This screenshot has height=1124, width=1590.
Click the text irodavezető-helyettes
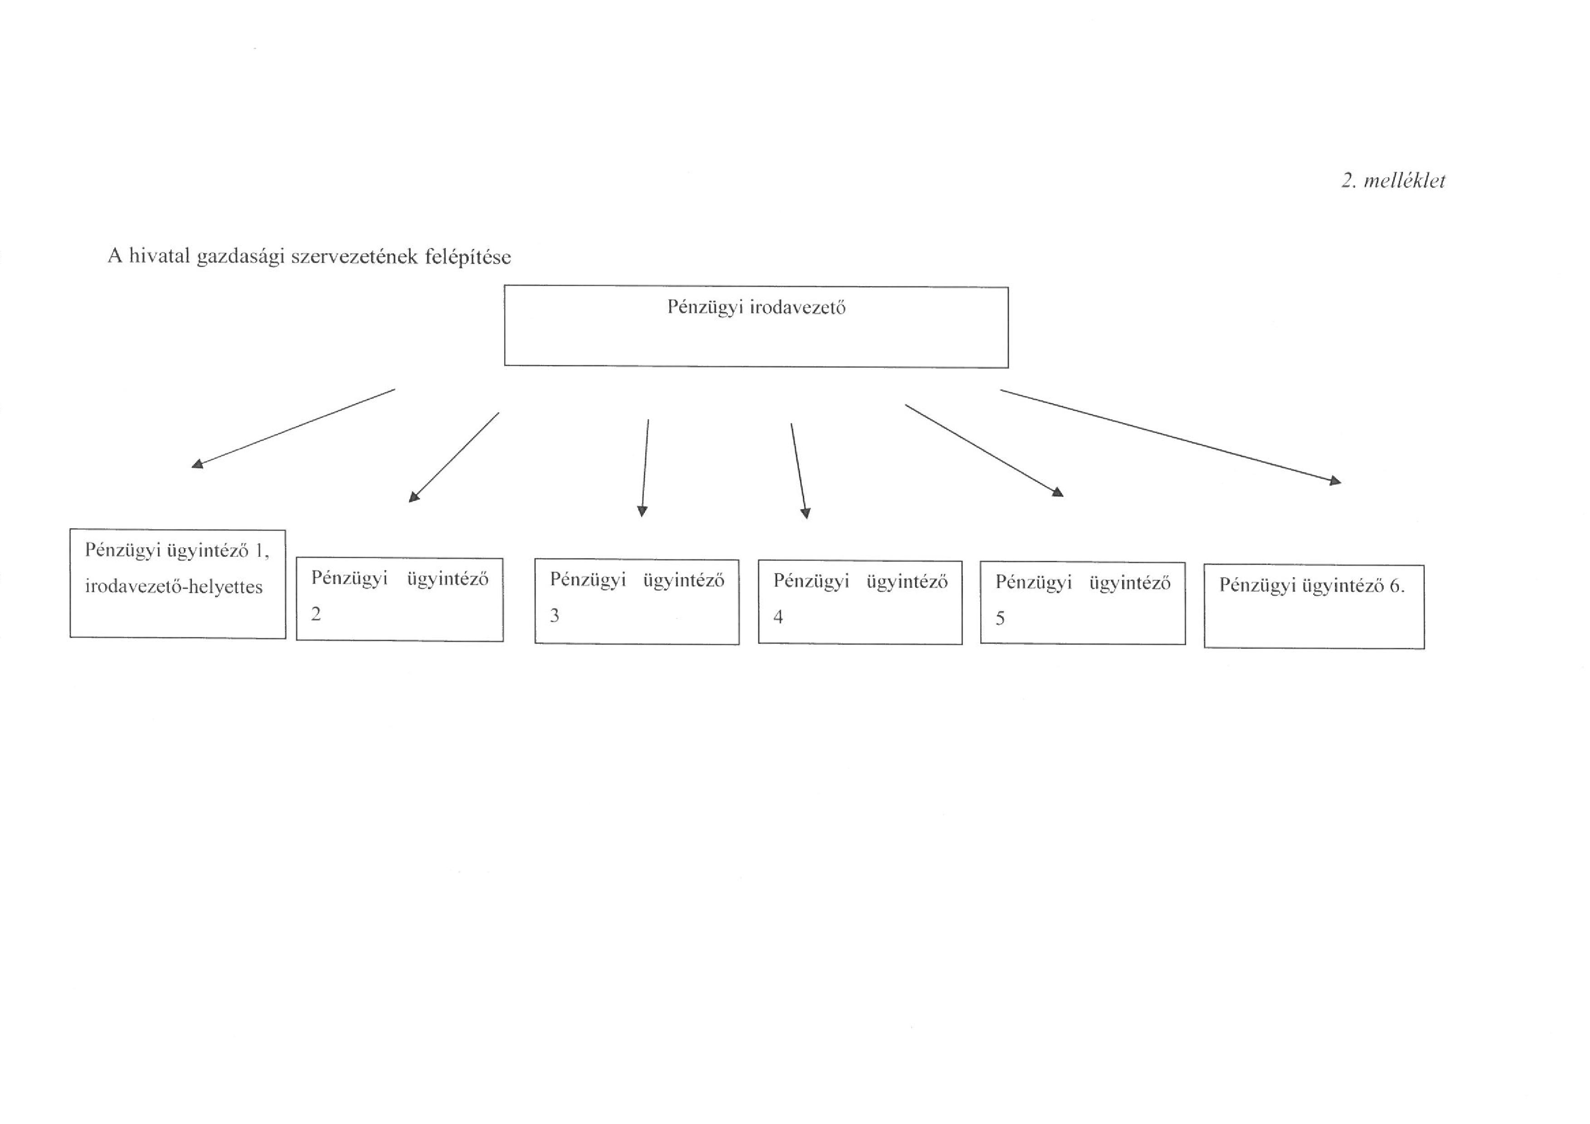pyautogui.click(x=174, y=587)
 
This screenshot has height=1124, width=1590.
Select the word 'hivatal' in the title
pyautogui.click(x=159, y=256)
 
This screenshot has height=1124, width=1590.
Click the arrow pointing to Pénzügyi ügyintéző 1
pyautogui.click(x=293, y=428)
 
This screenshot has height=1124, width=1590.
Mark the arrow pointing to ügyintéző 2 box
pyautogui.click(x=454, y=457)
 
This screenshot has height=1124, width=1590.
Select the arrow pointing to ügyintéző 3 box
pyautogui.click(x=645, y=468)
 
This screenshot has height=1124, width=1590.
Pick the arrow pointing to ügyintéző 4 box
pyautogui.click(x=799, y=472)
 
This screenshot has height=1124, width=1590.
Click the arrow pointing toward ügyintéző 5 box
pyautogui.click(x=984, y=451)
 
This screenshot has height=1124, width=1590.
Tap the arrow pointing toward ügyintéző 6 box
pyautogui.click(x=1170, y=436)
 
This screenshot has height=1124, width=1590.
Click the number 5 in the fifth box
pyautogui.click(x=1000, y=618)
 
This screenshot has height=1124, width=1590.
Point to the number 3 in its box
pyautogui.click(x=554, y=615)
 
